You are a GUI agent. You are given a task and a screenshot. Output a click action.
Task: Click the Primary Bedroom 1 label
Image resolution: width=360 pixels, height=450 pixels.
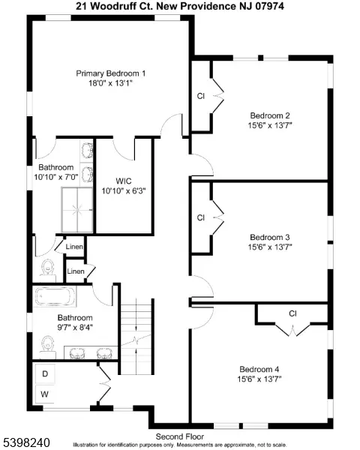tap(110, 73)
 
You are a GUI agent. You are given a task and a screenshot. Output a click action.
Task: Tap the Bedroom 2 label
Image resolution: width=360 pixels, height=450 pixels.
tap(270, 115)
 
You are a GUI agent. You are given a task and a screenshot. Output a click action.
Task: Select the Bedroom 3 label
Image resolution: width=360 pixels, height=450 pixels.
tap(270, 235)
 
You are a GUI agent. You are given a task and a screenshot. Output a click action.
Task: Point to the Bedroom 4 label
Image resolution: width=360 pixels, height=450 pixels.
tap(259, 368)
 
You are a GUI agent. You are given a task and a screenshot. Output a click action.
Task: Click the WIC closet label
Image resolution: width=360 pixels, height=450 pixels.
tap(124, 181)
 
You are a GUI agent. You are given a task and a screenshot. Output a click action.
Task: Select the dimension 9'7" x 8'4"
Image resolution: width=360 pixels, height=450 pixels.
tap(75, 328)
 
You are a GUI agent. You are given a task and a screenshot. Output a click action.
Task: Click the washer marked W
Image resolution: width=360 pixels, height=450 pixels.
tap(45, 393)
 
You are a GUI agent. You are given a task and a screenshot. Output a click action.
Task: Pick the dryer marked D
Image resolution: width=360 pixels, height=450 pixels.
tap(45, 373)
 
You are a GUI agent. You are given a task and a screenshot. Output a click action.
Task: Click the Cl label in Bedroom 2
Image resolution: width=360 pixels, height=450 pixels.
tap(201, 97)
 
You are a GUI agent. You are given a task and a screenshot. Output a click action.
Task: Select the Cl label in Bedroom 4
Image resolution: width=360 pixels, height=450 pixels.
tap(293, 313)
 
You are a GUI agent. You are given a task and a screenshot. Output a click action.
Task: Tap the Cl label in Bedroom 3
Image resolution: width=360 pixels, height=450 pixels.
tap(201, 217)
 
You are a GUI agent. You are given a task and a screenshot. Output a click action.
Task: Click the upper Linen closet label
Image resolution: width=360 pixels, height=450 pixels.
tap(74, 246)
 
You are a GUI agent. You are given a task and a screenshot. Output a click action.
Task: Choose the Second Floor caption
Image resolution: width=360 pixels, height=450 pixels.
tap(180, 436)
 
